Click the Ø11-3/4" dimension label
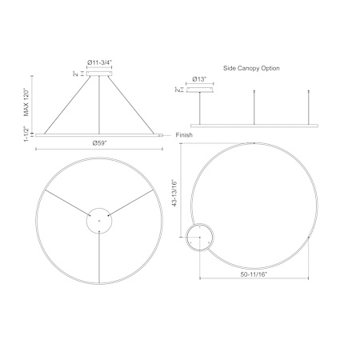(x=100, y=62)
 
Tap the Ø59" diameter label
(x=99, y=143)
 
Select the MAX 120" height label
(x=26, y=102)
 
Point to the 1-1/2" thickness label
(x=26, y=134)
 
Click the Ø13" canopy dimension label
(x=199, y=79)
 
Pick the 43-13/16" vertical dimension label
(x=174, y=193)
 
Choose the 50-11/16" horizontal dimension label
(x=254, y=274)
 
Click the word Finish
(x=184, y=135)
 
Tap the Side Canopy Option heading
(x=251, y=68)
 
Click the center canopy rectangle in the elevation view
(x=99, y=74)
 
